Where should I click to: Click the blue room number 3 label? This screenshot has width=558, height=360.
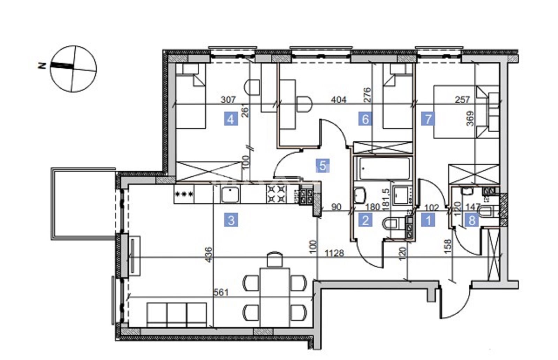[x=231, y=220]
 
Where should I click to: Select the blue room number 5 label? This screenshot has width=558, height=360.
[x=323, y=166]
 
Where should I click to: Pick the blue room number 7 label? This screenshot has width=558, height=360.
[x=428, y=119]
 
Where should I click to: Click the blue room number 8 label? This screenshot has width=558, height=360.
[x=472, y=220]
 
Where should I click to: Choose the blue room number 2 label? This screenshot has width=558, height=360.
[x=365, y=220]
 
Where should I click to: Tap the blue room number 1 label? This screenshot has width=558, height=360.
[x=428, y=220]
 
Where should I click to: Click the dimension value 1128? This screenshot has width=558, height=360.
[x=334, y=253]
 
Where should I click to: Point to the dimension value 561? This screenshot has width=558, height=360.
[x=221, y=292]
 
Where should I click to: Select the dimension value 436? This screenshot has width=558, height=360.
[x=209, y=254]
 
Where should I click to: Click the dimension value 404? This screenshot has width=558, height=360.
[x=339, y=100]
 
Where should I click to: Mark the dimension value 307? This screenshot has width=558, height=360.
[x=228, y=100]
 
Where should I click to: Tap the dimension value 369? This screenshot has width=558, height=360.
[x=470, y=119]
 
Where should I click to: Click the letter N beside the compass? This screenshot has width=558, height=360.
[x=42, y=66]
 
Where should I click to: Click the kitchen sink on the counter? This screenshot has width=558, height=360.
[x=231, y=195]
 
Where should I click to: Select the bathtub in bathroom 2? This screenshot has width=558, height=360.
[x=384, y=168]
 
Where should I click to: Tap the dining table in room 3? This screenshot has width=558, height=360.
[x=274, y=298]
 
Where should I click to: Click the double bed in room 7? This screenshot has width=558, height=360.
[x=466, y=112]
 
